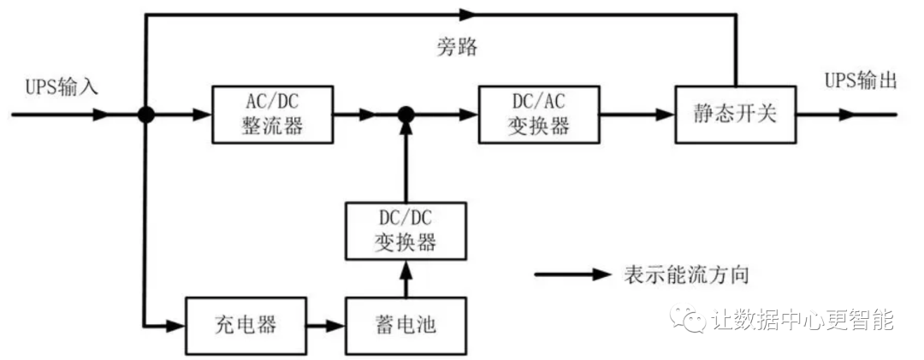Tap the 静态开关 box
(x=735, y=115)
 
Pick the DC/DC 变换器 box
(x=406, y=231)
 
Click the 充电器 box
(x=246, y=326)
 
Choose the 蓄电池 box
(x=406, y=326)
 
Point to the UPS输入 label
(x=62, y=86)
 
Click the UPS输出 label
(x=861, y=81)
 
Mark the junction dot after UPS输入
(x=146, y=115)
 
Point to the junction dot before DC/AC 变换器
(x=406, y=115)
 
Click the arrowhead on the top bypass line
(x=465, y=14)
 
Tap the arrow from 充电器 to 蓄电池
(x=325, y=326)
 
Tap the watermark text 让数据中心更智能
(x=801, y=321)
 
